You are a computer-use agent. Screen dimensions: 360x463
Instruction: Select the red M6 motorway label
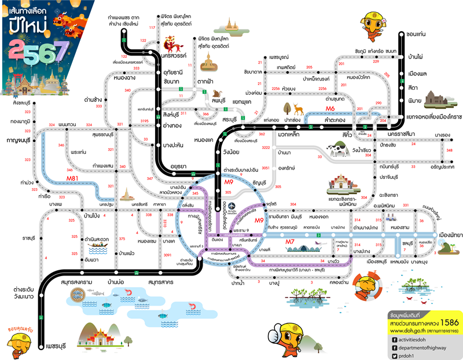tap(330, 108)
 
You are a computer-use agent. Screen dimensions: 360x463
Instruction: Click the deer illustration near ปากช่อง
tap(297, 108)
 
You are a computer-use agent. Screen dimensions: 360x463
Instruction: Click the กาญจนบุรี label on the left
tap(19, 141)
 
